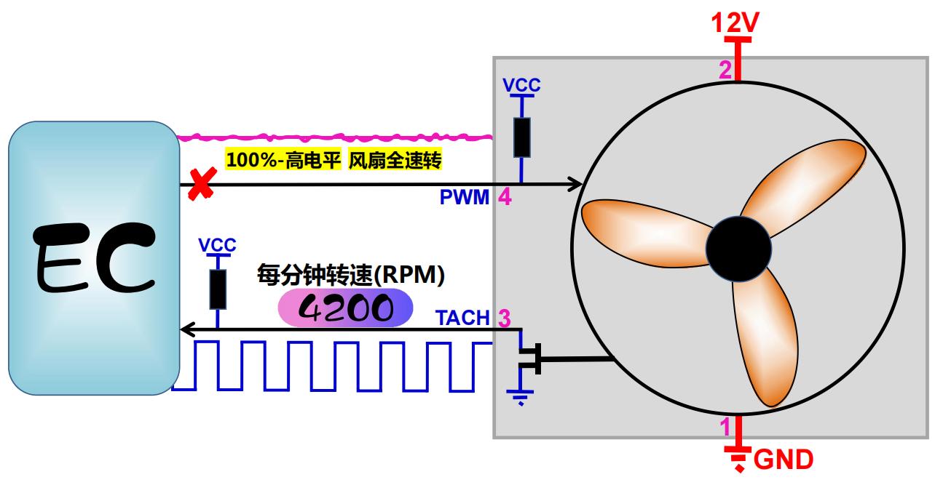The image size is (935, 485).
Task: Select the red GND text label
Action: pos(784,460)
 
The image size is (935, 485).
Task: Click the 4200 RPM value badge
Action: pos(344,308)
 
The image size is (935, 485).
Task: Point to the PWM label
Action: pos(465,198)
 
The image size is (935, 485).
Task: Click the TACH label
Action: pos(462,318)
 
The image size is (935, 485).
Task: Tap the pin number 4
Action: pos(505,198)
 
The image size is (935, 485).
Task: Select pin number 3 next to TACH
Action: pos(505,318)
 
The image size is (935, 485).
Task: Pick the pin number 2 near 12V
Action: pos(725,70)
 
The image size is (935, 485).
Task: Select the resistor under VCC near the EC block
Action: pos(217,289)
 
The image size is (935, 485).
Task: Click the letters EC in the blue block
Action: pos(95,258)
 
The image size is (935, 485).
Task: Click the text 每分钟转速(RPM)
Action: pos(350,274)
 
